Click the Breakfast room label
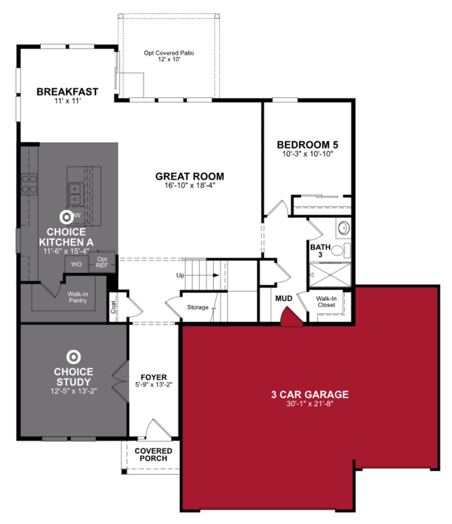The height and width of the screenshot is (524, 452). click(x=67, y=92)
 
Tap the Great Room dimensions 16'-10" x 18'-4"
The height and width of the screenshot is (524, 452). click(x=190, y=185)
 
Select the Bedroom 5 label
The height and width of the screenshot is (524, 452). click(x=307, y=145)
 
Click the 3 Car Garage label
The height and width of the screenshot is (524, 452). click(x=310, y=394)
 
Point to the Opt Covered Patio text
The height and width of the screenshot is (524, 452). click(x=169, y=53)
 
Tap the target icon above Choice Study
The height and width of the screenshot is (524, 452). click(x=73, y=357)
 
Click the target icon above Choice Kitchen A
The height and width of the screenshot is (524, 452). click(x=67, y=217)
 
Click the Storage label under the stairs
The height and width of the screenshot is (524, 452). click(x=198, y=307)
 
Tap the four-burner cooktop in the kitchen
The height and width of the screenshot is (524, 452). click(x=29, y=184)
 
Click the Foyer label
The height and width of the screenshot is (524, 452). click(x=154, y=377)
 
